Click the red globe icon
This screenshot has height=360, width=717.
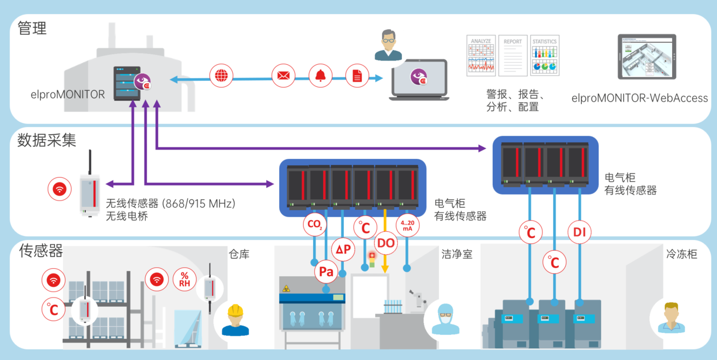220,76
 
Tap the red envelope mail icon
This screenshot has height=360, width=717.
283,76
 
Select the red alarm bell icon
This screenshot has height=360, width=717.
320,76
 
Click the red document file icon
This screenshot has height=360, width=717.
357,76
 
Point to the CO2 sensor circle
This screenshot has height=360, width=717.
315,225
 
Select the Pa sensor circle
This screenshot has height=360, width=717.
326,272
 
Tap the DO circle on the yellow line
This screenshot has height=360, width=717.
386,243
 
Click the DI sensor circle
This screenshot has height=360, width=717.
579,232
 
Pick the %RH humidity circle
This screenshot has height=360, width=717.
185,279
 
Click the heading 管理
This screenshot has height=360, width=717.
32,28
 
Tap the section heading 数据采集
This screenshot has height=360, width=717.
47,140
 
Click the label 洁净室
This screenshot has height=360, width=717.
457,254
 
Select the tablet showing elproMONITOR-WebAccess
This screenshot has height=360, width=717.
647,56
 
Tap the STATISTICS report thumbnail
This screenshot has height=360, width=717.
545,55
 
